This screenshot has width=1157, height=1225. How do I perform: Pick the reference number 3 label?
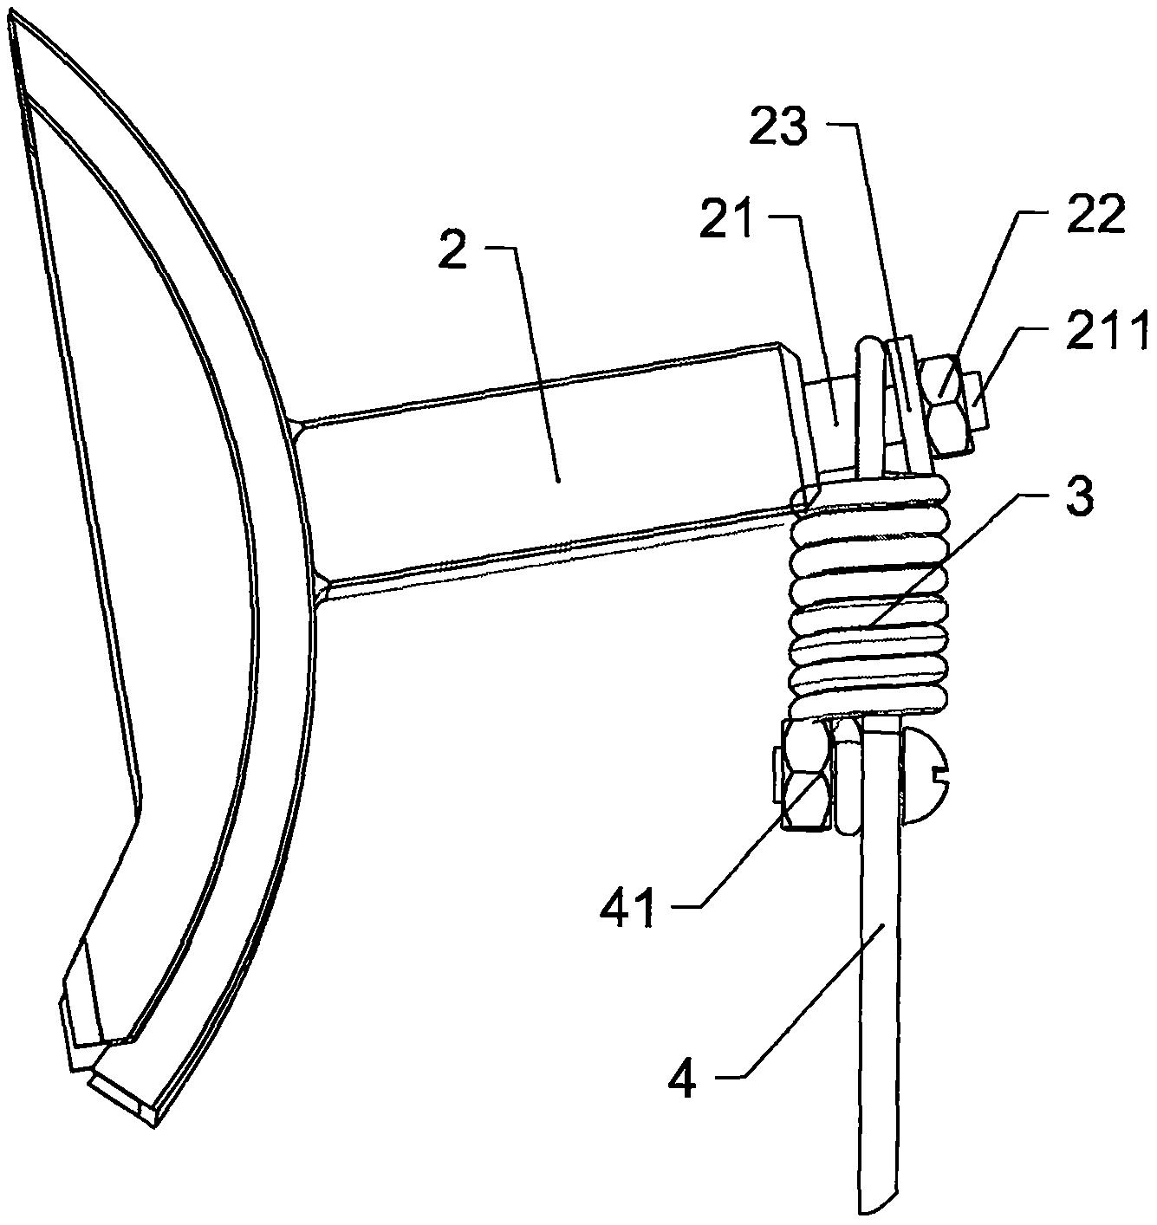click(1078, 499)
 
